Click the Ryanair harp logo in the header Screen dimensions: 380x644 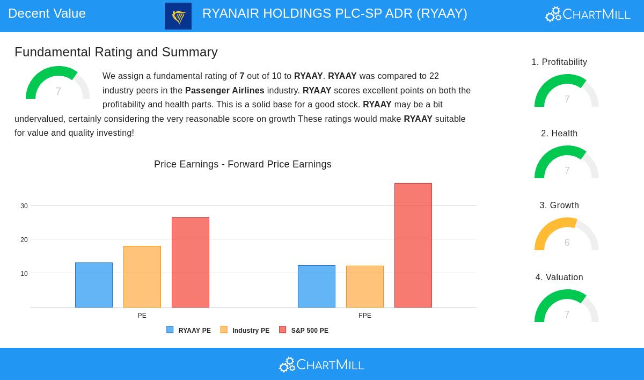(178, 16)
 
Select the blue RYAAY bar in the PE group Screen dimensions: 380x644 (94, 285)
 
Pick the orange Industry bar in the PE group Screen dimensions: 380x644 (142, 276)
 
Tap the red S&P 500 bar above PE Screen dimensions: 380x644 (191, 262)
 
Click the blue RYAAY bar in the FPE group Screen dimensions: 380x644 (317, 286)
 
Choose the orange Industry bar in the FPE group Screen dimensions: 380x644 (365, 287)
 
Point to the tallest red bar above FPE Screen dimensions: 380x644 (413, 245)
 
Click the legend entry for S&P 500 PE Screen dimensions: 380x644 (304, 330)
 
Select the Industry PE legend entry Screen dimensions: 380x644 (245, 330)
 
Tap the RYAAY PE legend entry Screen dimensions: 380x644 (189, 330)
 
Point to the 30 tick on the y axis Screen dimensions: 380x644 (24, 206)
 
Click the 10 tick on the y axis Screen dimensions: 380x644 (24, 274)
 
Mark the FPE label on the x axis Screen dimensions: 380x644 (365, 316)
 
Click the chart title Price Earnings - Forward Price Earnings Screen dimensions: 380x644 (243, 164)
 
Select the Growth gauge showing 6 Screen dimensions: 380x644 (567, 235)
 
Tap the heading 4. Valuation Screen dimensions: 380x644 (559, 277)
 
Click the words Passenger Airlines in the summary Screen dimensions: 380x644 (225, 91)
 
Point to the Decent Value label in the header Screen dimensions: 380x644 (47, 13)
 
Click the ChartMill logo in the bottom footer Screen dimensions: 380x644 (321, 365)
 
